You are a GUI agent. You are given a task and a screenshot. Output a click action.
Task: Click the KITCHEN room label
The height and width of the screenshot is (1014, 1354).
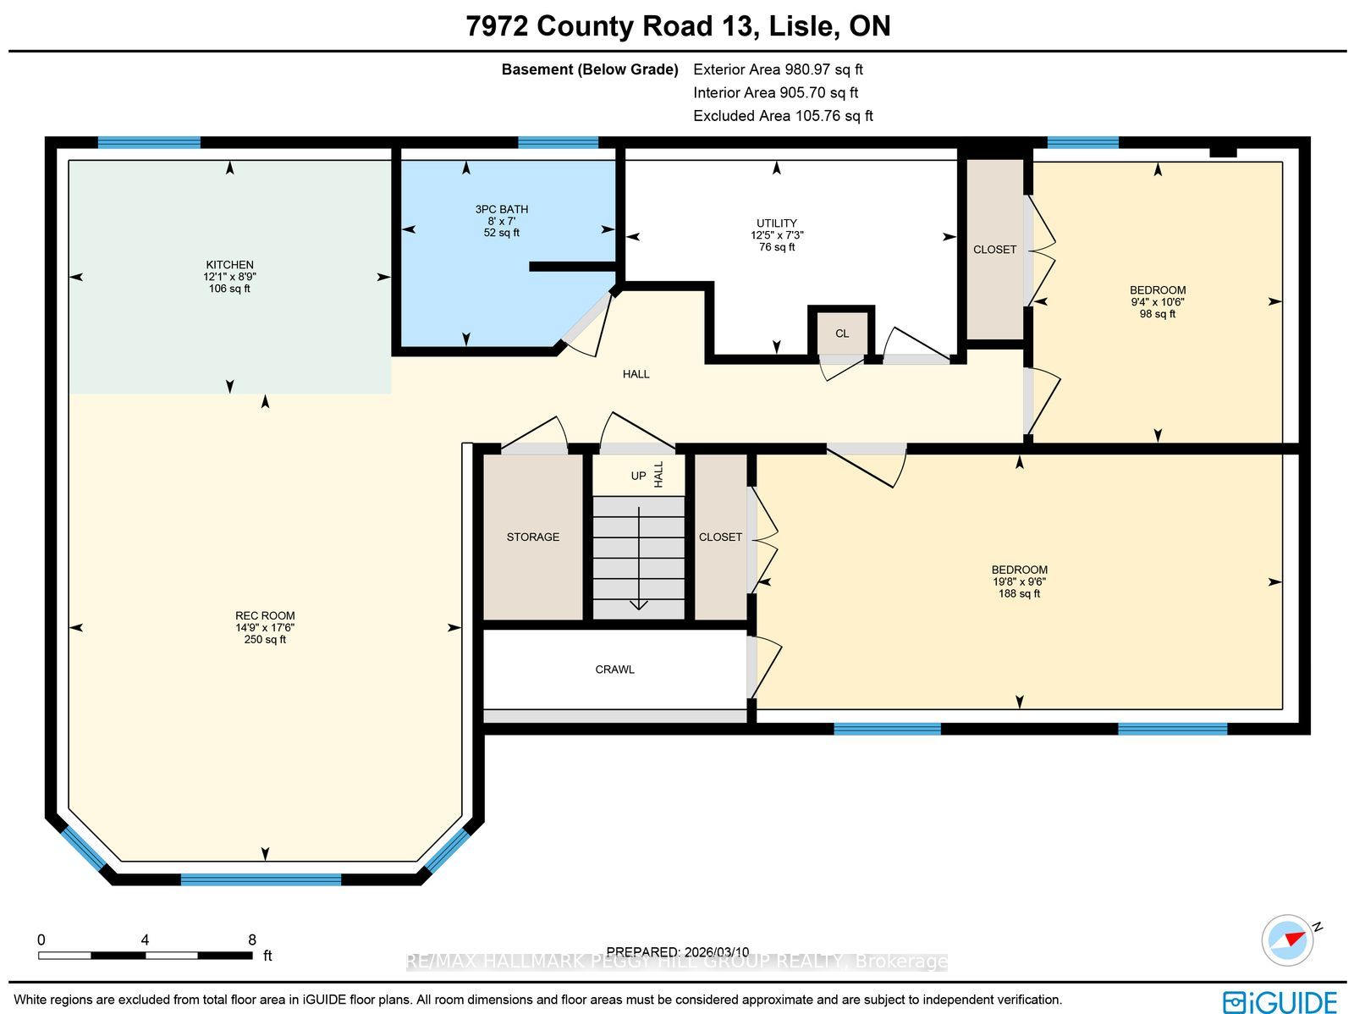point(229,265)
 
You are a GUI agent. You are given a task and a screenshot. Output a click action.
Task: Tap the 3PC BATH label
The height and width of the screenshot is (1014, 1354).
point(502,209)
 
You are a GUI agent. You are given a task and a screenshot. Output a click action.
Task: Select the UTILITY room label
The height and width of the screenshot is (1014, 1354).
point(777,223)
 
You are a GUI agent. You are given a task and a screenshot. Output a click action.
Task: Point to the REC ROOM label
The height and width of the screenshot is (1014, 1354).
point(265,615)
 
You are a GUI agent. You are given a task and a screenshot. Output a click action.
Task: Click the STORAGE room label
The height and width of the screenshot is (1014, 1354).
point(533,537)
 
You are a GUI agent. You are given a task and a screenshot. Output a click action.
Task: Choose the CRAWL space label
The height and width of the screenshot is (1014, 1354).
point(614,670)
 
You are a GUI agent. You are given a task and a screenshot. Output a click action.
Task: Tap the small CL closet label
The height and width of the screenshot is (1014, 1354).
point(842,333)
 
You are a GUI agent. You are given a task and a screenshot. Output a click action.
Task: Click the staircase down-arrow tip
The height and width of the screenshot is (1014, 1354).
point(638,609)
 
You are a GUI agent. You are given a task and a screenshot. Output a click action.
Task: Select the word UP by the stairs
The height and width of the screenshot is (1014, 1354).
point(638,477)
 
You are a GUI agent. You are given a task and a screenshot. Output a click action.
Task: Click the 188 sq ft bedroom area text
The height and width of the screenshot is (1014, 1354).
point(1019,593)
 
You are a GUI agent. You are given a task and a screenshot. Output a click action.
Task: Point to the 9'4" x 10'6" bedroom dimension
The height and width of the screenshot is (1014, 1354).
point(1157,301)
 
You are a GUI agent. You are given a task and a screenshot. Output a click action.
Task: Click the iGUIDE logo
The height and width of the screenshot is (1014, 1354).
point(1280,1002)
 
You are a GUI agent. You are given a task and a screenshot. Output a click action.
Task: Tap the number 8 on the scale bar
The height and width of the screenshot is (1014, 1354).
point(252,940)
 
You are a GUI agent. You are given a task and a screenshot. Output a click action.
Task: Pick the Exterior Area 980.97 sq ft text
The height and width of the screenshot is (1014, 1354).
point(778,69)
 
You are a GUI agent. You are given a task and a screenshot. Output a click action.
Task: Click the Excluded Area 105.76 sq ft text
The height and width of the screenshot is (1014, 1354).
point(783,116)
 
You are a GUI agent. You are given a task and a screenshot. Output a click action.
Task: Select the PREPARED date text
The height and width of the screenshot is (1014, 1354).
point(677,951)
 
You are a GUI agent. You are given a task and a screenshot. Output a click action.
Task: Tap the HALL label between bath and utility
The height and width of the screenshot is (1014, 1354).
point(636,374)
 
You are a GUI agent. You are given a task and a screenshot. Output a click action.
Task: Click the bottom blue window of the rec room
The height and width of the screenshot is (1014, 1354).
point(261,879)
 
